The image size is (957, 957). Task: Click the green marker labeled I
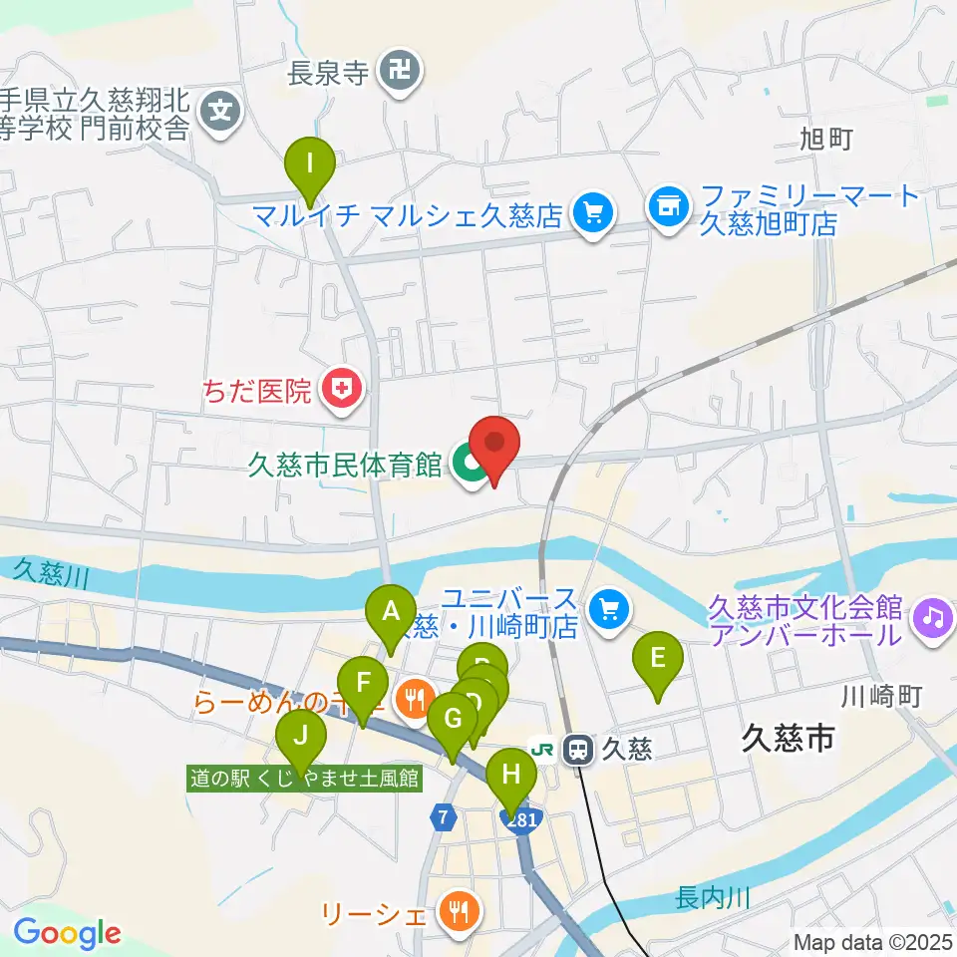click(310, 162)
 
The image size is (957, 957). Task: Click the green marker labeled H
click(511, 776)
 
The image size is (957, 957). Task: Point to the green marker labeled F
click(364, 685)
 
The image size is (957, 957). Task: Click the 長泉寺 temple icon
click(402, 72)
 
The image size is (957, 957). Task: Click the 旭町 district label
click(826, 140)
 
